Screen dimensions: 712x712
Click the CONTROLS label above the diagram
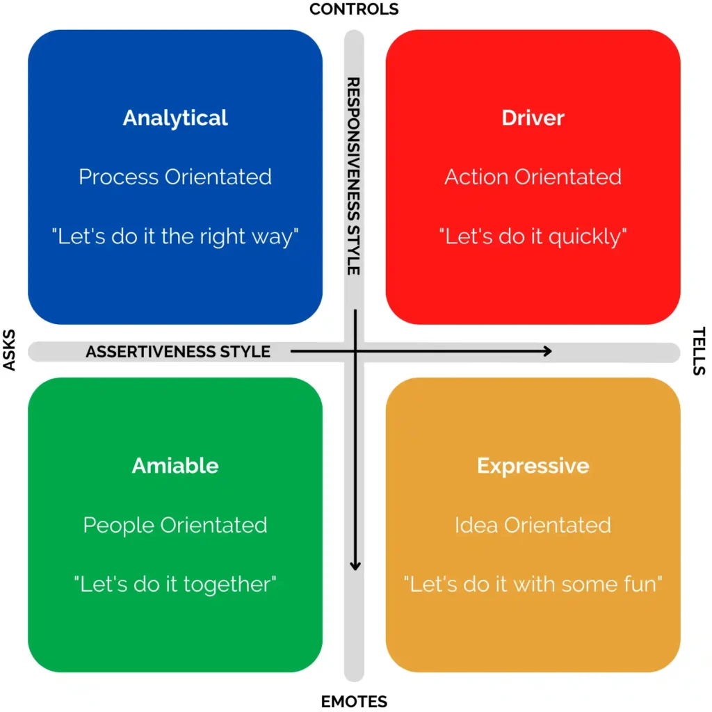coord(354,9)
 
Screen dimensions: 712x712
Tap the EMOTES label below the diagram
coord(354,701)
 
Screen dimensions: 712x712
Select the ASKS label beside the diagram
coord(10,351)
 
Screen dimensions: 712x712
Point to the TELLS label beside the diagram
coord(699,351)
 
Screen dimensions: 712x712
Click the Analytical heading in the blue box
coord(175,118)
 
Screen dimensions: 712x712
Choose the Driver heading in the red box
coord(533,118)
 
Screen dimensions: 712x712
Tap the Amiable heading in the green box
coord(175,465)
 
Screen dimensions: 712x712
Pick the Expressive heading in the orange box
coord(533,465)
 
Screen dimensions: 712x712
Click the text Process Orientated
coord(175,177)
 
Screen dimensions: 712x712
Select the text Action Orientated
coord(533,177)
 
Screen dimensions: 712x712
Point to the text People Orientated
coord(175,524)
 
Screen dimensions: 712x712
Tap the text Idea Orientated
coord(533,524)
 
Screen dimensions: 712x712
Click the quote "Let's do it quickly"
coord(533,236)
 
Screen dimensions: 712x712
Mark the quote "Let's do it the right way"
coord(175,236)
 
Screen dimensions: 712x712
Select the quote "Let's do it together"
coord(175,584)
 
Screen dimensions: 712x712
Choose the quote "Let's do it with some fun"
coord(533,584)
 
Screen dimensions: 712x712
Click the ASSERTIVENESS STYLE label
coord(178,352)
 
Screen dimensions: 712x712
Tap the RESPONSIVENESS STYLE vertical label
coord(353,175)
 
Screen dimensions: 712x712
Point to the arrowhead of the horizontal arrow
coord(548,351)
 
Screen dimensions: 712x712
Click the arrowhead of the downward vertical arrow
coord(355,566)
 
